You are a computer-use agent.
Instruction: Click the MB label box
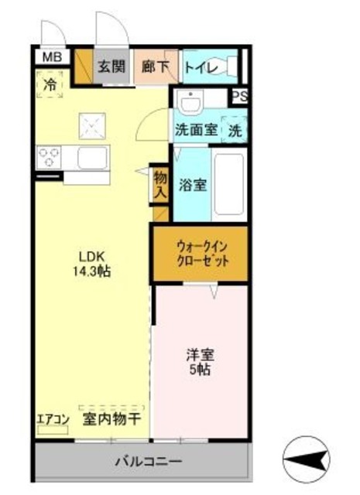[51, 56]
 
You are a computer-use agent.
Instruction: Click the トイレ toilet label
[200, 67]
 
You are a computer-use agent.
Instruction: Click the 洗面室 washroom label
[195, 131]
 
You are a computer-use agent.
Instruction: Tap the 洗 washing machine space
[234, 130]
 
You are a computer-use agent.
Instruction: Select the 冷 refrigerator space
[49, 85]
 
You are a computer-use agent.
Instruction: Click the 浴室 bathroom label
[191, 186]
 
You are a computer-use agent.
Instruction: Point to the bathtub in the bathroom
[229, 184]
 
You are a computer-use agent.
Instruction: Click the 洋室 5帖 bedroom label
[200, 363]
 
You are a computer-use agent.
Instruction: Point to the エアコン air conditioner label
[53, 420]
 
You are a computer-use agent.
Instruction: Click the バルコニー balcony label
[143, 463]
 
